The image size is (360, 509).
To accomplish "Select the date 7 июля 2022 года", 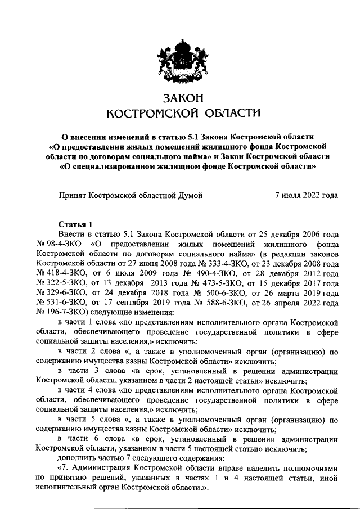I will pyautogui.click(x=305, y=196).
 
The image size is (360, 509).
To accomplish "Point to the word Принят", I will pyautogui.click(x=76, y=196).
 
